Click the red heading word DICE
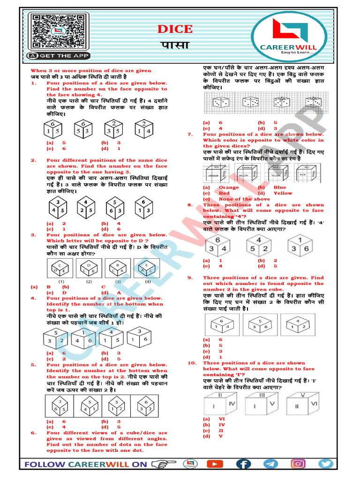pyautogui.click(x=174, y=29)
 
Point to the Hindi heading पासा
pyautogui.click(x=174, y=45)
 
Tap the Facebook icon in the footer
pyautogui.click(x=243, y=464)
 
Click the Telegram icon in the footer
pyautogui.click(x=270, y=464)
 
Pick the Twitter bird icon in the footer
pyautogui.click(x=325, y=464)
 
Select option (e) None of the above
pyautogui.click(x=230, y=199)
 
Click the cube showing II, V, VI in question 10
pyautogui.click(x=305, y=401)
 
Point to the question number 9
pyautogui.click(x=191, y=278)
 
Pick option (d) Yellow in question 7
pyautogui.click(x=282, y=193)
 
